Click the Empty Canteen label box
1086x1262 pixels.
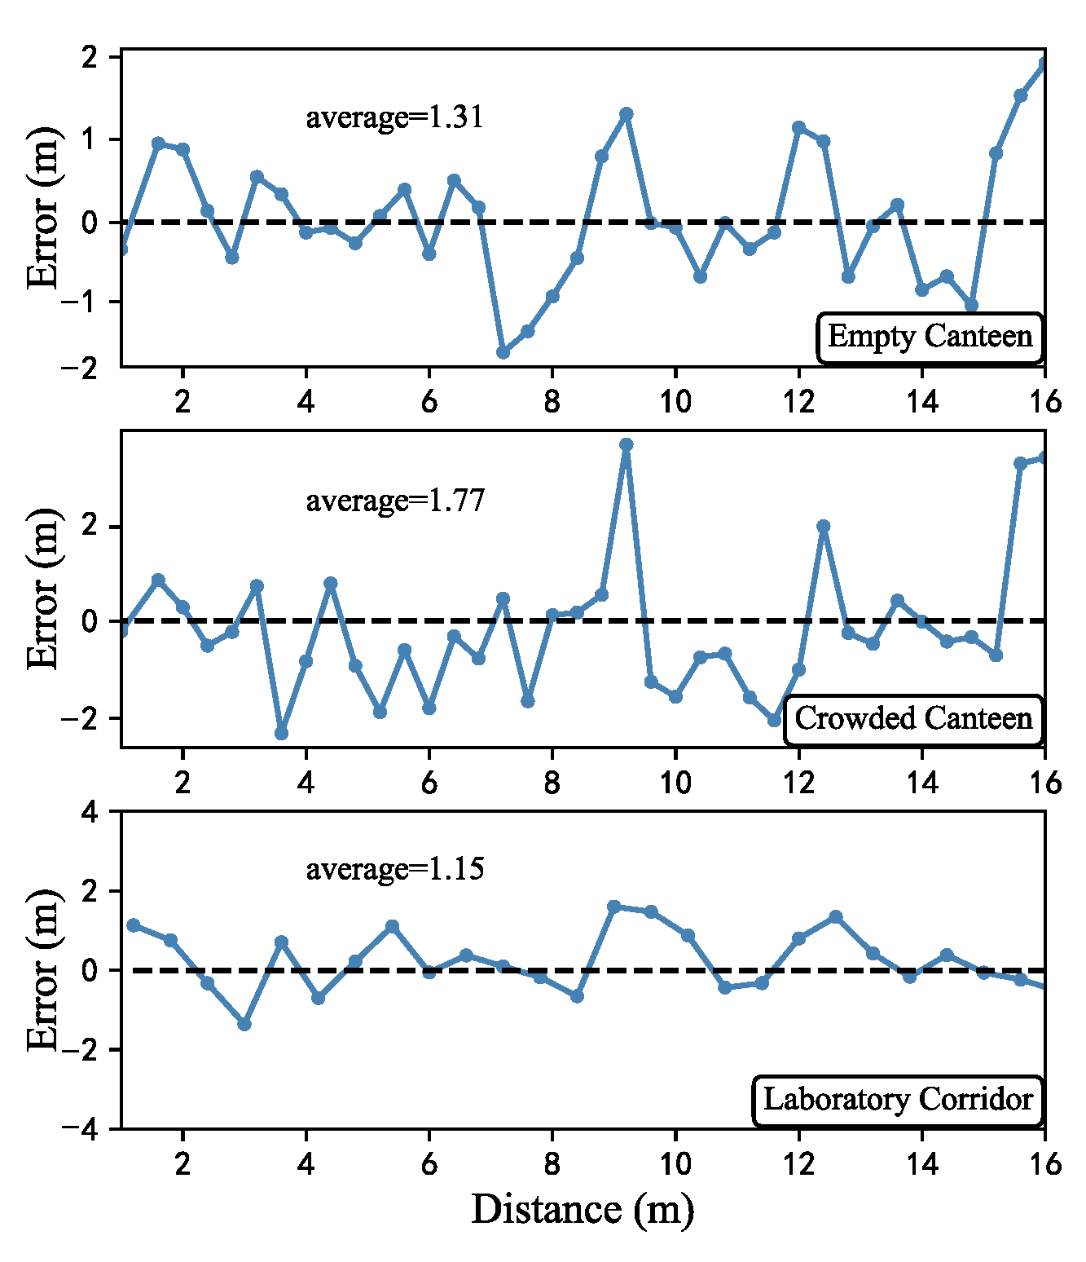click(930, 337)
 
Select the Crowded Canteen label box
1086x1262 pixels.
click(913, 719)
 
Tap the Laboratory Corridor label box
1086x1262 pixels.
click(898, 1100)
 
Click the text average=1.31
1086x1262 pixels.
click(394, 117)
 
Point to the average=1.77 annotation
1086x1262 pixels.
click(395, 500)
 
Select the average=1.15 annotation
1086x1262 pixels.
click(395, 869)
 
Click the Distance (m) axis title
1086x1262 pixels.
click(583, 1209)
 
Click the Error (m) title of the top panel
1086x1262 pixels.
click(43, 209)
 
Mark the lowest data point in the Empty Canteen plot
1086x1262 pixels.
click(503, 352)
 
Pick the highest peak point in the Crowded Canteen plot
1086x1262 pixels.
click(626, 444)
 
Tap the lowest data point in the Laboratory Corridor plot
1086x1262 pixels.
click(244, 1024)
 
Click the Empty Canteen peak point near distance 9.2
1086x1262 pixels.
click(626, 113)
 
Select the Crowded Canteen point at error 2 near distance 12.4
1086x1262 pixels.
click(823, 526)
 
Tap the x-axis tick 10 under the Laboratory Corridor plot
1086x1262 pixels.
click(675, 1163)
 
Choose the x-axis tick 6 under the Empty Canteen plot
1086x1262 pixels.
click(429, 401)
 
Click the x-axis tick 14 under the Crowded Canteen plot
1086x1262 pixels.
click(922, 783)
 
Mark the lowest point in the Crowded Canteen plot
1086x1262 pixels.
click(281, 734)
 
